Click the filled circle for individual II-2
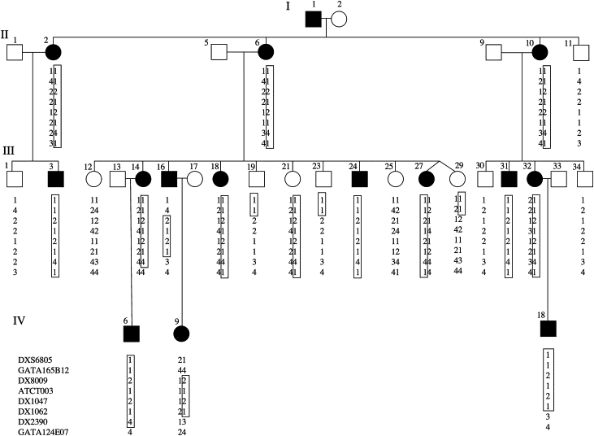54,53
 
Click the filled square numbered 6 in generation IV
131,334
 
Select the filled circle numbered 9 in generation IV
181,334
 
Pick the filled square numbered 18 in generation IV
548,328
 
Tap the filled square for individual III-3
54,179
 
